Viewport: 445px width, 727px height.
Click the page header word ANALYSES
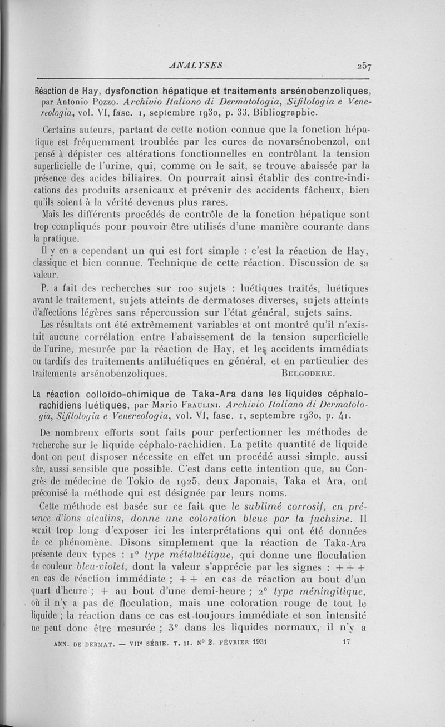click(197, 64)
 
